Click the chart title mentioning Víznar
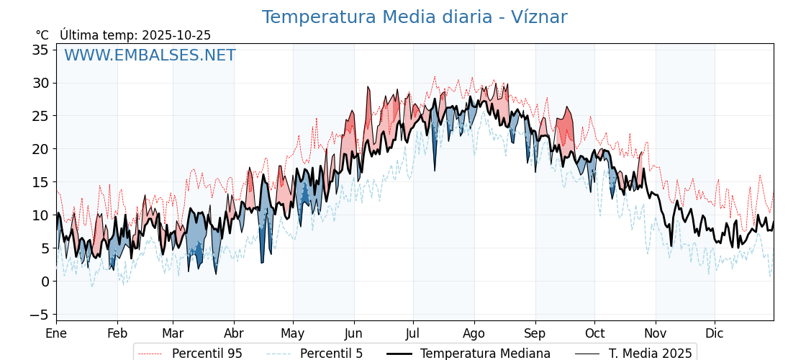[x=414, y=17]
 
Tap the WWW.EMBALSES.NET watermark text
[x=150, y=55]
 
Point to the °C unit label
[x=42, y=35]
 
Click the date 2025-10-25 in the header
[x=176, y=35]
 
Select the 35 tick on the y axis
[x=40, y=50]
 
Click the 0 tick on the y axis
[x=45, y=282]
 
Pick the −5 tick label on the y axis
[x=40, y=315]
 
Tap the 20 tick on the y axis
[x=40, y=149]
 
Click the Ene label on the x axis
[x=56, y=333]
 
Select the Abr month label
[x=234, y=333]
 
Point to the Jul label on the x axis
[x=413, y=333]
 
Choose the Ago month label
[x=474, y=333]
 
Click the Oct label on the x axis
[x=594, y=333]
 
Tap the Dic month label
[x=715, y=333]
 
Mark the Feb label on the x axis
[x=117, y=333]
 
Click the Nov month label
[x=656, y=333]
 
